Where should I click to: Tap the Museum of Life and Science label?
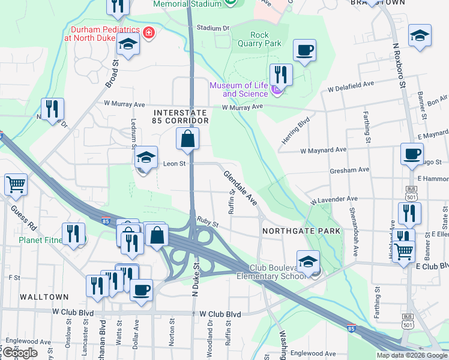pos(238,89)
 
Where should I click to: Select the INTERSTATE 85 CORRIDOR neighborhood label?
pos(181,116)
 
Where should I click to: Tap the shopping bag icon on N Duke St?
pos(188,139)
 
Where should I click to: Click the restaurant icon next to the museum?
pos(280,74)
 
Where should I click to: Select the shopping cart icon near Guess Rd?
pos(16,185)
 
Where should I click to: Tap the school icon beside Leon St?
pos(145,158)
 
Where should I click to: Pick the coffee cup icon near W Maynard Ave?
pos(412,154)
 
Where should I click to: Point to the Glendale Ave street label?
pos(240,188)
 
